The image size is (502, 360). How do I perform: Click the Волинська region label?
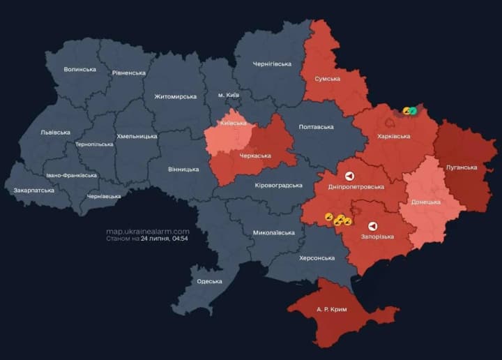(80, 70)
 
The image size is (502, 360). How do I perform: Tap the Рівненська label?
(129, 73)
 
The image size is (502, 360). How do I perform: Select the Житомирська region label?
(175, 96)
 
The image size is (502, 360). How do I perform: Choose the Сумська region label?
(327, 79)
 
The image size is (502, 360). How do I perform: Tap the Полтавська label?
(316, 127)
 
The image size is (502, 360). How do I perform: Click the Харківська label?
(394, 136)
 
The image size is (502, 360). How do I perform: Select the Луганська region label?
(462, 167)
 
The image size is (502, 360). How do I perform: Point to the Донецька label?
(425, 202)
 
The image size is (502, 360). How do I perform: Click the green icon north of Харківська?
(413, 110)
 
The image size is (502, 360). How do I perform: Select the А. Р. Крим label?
(331, 309)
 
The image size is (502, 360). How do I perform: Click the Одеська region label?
(209, 281)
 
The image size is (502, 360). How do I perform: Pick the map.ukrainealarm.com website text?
(148, 231)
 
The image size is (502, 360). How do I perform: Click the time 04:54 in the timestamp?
(181, 239)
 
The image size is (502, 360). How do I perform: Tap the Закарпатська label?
(33, 190)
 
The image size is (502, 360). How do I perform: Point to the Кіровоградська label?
(278, 185)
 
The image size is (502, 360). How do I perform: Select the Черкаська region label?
(255, 156)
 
